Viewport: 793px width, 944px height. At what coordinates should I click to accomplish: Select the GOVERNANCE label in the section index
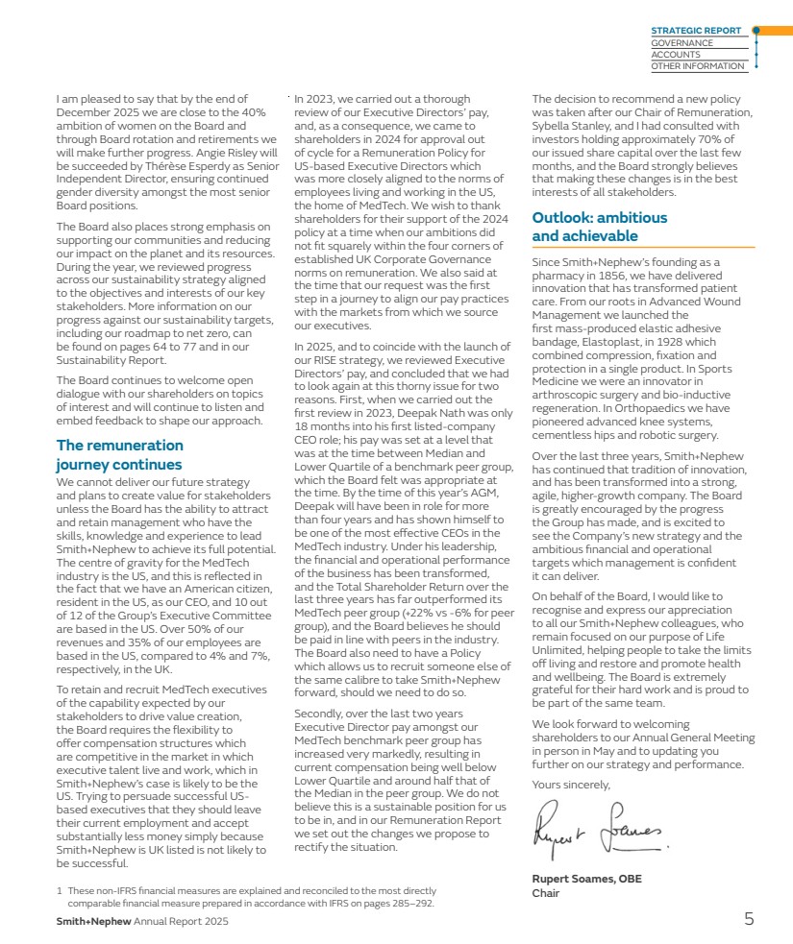(681, 42)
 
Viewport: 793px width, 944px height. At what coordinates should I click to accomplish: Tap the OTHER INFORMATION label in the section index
(697, 66)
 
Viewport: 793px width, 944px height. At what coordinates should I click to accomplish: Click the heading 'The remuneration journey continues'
(119, 454)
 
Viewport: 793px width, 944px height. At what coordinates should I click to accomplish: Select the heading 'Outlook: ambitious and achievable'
(599, 227)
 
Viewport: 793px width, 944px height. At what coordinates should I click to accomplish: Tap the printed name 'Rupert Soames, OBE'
(586, 879)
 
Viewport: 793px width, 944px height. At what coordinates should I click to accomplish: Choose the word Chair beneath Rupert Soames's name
(546, 893)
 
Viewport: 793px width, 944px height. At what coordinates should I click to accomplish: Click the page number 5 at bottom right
(749, 919)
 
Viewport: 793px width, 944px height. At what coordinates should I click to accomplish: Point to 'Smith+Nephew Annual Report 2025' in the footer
(141, 921)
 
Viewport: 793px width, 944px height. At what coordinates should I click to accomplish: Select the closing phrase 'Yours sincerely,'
(570, 785)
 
